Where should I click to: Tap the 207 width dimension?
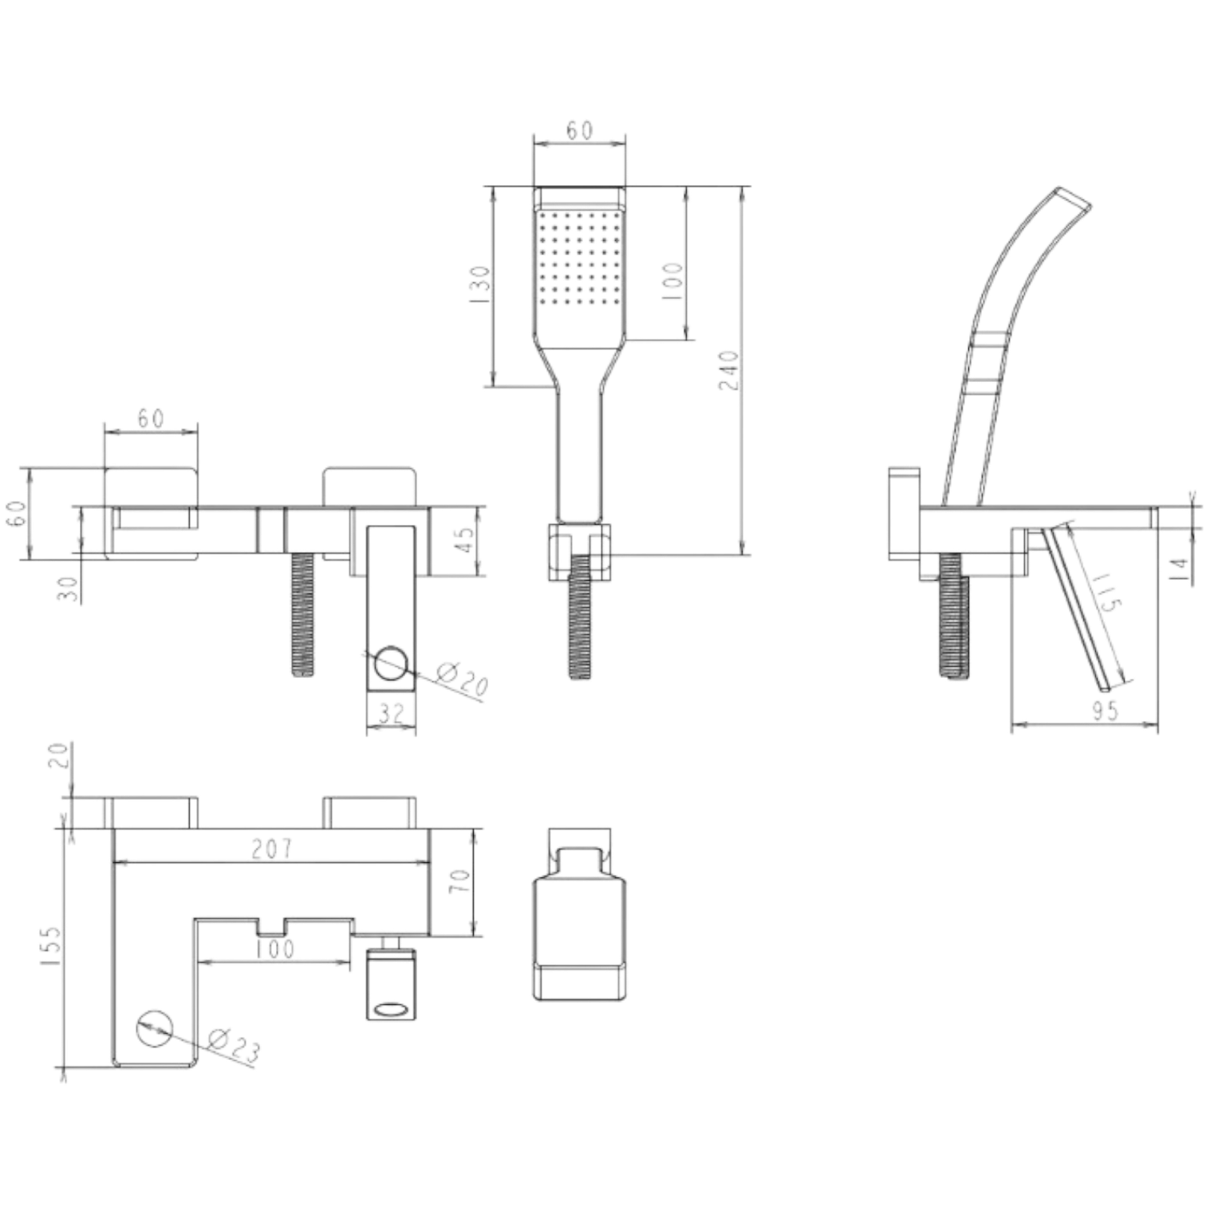coord(273,847)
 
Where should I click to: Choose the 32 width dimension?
coord(391,712)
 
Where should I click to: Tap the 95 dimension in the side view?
coord(1104,709)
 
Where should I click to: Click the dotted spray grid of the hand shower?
coord(579,258)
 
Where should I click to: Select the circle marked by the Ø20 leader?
coord(391,663)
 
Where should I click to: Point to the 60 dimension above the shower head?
coord(579,130)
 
